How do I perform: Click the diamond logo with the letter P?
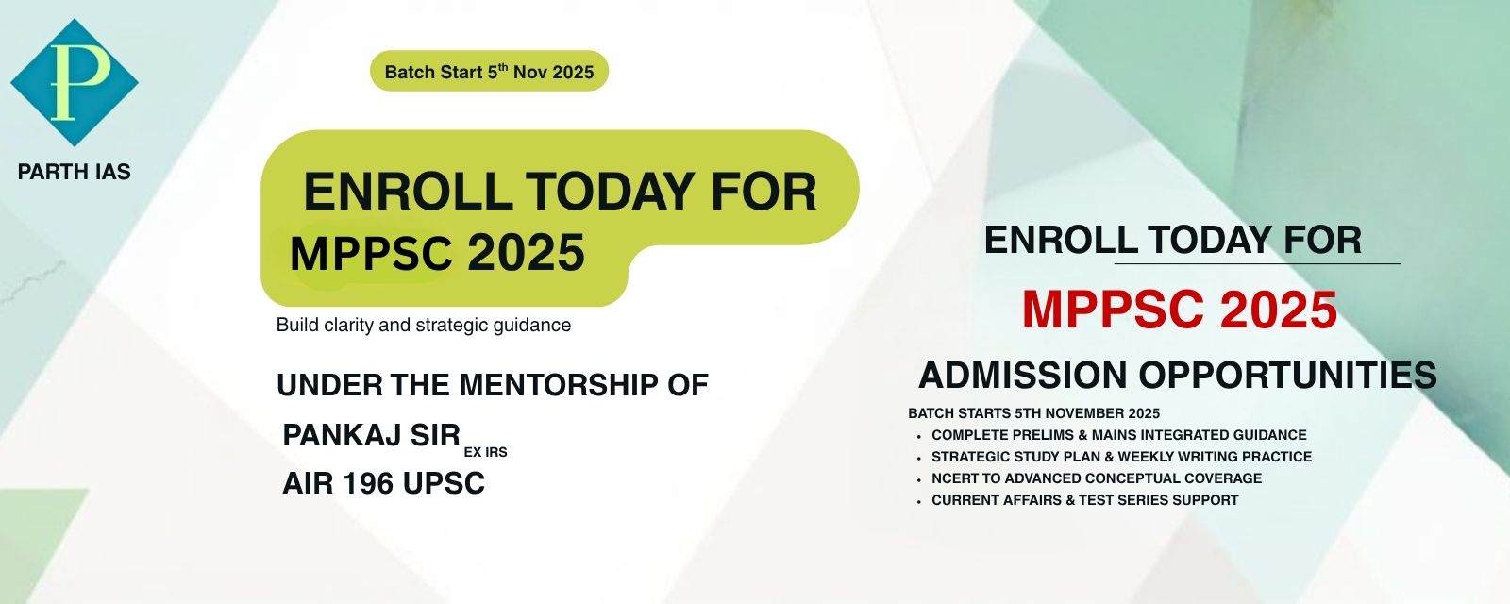(75, 82)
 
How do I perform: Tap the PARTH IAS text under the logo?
(75, 173)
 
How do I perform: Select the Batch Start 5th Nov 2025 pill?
(490, 71)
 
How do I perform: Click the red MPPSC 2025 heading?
(1180, 310)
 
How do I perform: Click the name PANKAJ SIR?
(372, 435)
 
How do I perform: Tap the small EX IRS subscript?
(485, 452)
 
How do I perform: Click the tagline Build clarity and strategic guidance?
(424, 325)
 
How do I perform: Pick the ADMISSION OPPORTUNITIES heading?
(1178, 375)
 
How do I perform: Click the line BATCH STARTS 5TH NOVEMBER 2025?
(1034, 413)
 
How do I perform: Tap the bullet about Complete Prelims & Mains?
(1119, 435)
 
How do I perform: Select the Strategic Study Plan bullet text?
(1122, 457)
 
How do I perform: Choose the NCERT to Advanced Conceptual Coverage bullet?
(1097, 478)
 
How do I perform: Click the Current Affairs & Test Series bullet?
(1085, 499)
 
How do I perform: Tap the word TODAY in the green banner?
(610, 192)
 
